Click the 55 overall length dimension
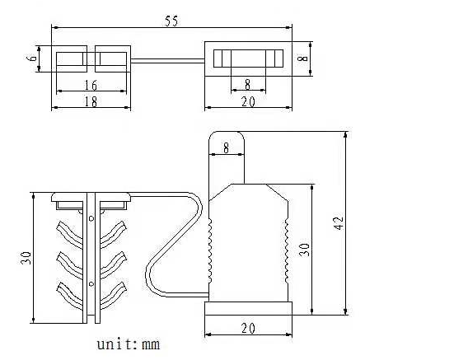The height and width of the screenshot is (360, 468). [x=171, y=21]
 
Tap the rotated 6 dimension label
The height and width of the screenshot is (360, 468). [x=33, y=56]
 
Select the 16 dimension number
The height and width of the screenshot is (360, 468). [x=91, y=86]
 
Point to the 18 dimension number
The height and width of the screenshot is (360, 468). [x=91, y=102]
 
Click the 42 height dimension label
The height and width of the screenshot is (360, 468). [x=339, y=223]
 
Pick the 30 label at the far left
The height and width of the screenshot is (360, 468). [x=26, y=258]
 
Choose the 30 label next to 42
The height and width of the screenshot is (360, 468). [x=304, y=250]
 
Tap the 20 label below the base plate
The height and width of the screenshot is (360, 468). [x=248, y=329]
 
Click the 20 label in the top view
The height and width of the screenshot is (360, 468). [x=248, y=102]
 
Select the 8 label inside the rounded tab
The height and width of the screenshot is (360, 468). [x=226, y=147]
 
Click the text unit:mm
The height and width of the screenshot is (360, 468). [x=129, y=344]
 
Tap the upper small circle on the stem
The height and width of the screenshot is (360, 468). [x=91, y=219]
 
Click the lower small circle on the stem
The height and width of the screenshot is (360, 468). [x=91, y=283]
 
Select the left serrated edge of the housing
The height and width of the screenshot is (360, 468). [x=210, y=250]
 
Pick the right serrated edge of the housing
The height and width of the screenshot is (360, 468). [x=287, y=250]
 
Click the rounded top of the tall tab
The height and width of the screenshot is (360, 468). [x=227, y=132]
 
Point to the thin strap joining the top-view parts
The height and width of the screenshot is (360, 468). [x=168, y=61]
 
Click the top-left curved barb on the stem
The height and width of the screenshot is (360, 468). [x=69, y=234]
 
